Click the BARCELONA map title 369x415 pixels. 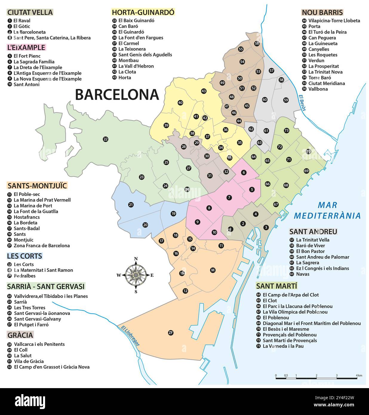117,94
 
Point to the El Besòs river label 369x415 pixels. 302,103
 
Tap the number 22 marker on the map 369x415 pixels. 105,139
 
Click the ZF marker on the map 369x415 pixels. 171,333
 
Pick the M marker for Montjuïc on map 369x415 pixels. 213,270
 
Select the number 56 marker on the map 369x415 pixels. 257,44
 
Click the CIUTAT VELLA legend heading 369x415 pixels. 30,12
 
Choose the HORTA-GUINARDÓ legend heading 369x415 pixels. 143,12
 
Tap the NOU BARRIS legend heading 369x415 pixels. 322,12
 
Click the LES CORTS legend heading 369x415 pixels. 25,256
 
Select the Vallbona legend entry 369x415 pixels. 318,89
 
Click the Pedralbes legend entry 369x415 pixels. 24,276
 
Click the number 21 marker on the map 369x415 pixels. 131,205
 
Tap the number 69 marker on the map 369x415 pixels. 306,171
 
